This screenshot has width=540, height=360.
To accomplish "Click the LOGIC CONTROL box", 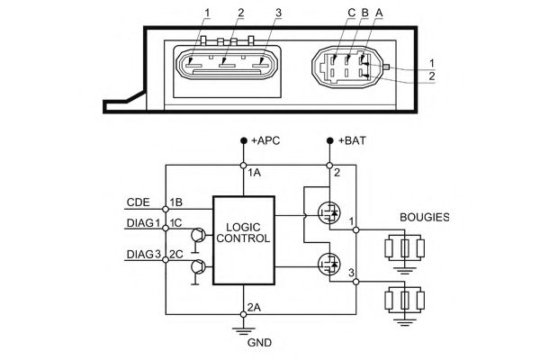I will pyautogui.click(x=243, y=239).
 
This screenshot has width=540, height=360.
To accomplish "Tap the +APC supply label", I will pyautogui.click(x=267, y=141).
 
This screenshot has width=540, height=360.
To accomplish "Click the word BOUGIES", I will pyautogui.click(x=426, y=217).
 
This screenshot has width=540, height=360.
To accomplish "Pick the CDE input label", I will pyautogui.click(x=139, y=202).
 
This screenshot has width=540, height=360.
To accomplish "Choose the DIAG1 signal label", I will pyautogui.click(x=144, y=222).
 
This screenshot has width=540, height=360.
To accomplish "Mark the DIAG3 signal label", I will pyautogui.click(x=144, y=255).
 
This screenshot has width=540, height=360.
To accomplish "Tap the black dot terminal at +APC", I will pyautogui.click(x=244, y=141).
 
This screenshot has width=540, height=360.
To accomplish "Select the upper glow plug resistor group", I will pyautogui.click(x=404, y=247).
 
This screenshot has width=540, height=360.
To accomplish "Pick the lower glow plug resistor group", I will pyautogui.click(x=404, y=300).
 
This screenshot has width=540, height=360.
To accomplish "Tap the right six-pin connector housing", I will pyautogui.click(x=344, y=66).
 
